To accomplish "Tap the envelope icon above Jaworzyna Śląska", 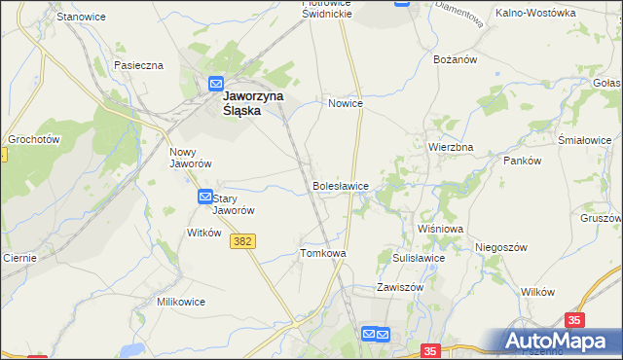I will coord(216,84).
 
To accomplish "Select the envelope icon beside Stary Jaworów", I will coord(205,197).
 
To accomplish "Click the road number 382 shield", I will coord(243,240).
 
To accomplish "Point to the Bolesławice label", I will coord(340,185).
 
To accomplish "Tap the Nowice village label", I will coord(346,103).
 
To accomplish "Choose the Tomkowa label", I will coord(323,253).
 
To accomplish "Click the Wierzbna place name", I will coord(451,147).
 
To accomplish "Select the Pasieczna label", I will coord(138,65).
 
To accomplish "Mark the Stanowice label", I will coord(81,18).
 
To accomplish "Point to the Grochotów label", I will coord(34,139).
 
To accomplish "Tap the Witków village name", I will coord(204,233).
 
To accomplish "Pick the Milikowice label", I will coord(181,302).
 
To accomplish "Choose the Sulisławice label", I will coord(419,258).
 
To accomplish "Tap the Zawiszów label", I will coord(400,288).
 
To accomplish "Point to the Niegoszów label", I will coord(501,247).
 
